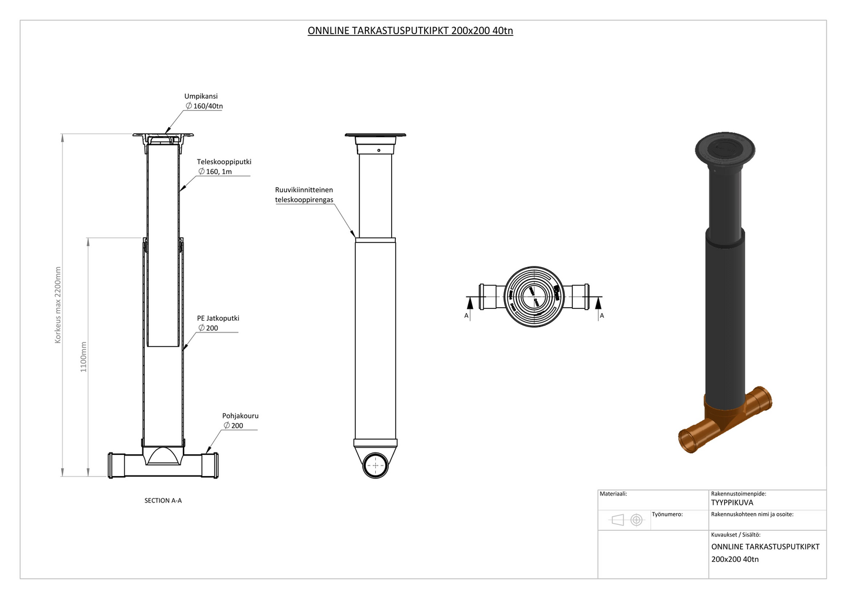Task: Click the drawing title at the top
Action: (410, 31)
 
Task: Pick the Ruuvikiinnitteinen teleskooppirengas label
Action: (304, 195)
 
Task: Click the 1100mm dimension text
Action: (84, 357)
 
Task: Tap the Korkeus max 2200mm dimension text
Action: (58, 305)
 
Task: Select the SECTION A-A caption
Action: (163, 501)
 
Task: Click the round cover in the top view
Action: (533, 297)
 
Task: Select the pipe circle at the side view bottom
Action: (375, 465)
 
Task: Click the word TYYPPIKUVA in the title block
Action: (732, 503)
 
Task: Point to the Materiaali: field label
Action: (613, 494)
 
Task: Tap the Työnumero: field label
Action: (667, 514)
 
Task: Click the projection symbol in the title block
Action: (627, 520)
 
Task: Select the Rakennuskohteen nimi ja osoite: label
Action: (752, 514)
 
